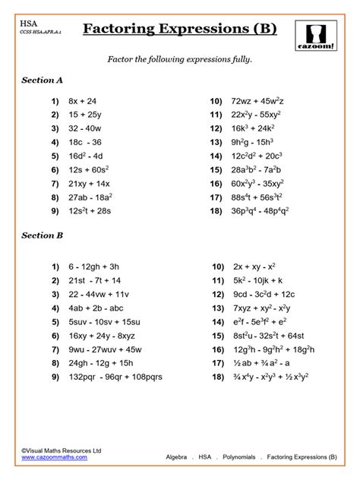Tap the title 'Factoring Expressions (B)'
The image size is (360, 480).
[x=179, y=30]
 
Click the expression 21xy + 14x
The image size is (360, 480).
[x=90, y=183]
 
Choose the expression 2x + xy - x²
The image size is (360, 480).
[x=249, y=267]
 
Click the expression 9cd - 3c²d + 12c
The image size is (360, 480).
[x=258, y=295]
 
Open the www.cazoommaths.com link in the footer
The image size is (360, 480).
[x=54, y=458]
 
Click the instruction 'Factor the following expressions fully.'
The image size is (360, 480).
[x=178, y=59]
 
